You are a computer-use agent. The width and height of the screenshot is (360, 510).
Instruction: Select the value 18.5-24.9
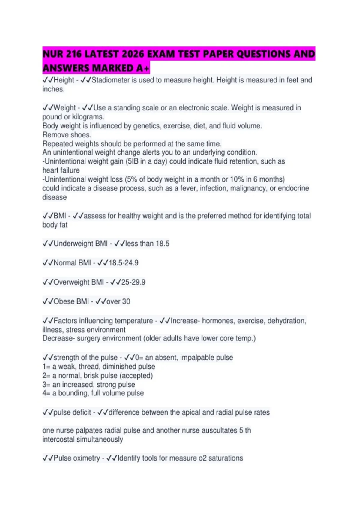(123, 263)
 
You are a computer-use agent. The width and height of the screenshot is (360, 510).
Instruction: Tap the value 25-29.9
(133, 282)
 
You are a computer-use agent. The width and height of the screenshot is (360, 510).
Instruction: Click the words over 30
(118, 301)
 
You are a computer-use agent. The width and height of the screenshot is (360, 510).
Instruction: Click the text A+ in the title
(143, 68)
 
